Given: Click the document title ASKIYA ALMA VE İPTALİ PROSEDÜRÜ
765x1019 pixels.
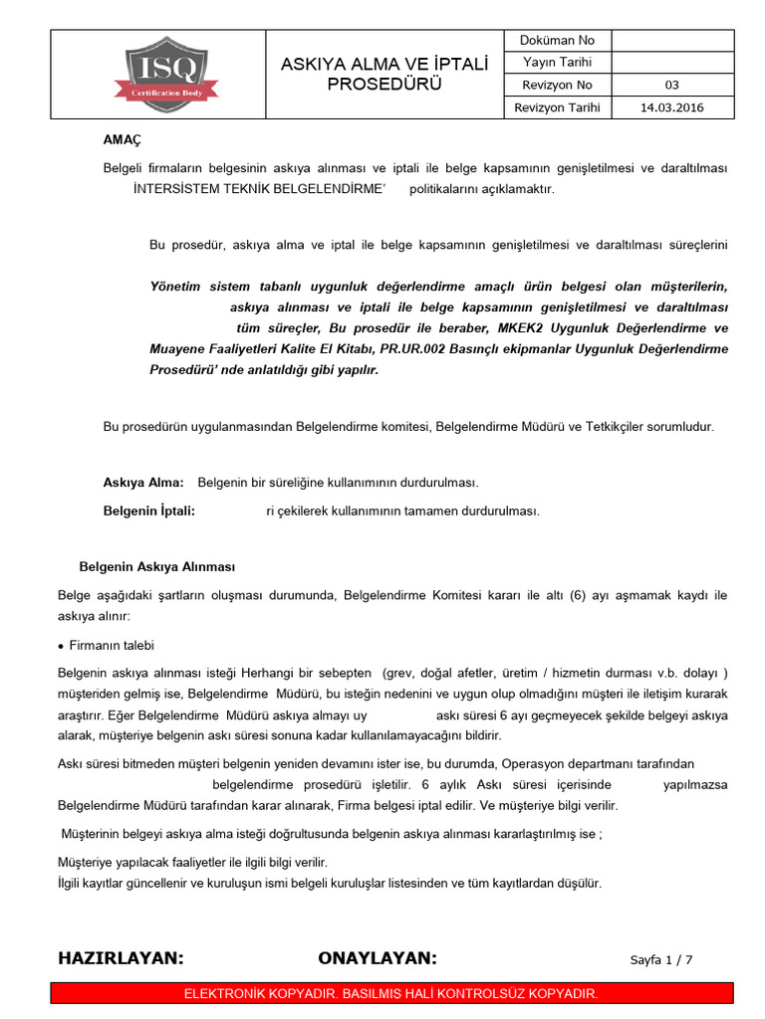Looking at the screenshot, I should pyautogui.click(x=383, y=74).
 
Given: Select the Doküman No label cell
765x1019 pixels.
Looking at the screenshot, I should pyautogui.click(x=558, y=41).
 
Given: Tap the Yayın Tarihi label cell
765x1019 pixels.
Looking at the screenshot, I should pyautogui.click(x=558, y=63).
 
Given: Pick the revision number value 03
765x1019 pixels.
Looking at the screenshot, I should pyautogui.click(x=671, y=86).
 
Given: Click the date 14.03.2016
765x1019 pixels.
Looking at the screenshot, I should pyautogui.click(x=671, y=107).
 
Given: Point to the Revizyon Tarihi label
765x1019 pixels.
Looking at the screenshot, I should pyautogui.click(x=558, y=107).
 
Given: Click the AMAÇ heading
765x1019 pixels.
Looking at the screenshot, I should pyautogui.click(x=124, y=141).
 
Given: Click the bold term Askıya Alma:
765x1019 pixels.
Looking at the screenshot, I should pyautogui.click(x=143, y=483).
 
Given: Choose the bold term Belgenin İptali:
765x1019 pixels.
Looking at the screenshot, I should pyautogui.click(x=148, y=510).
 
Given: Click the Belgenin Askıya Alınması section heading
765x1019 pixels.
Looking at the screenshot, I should pyautogui.click(x=157, y=567).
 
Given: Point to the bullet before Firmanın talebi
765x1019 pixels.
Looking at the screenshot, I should pyautogui.click(x=62, y=646).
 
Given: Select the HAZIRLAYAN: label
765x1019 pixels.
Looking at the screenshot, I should pyautogui.click(x=122, y=958).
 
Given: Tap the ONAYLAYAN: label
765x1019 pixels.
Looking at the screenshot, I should pyautogui.click(x=378, y=958).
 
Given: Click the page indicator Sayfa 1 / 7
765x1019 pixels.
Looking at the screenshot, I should pyautogui.click(x=661, y=960).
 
